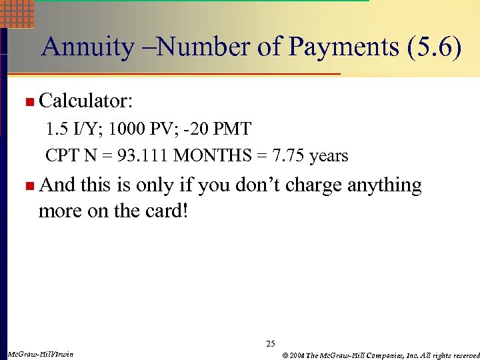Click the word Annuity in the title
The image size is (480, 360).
pyautogui.click(x=87, y=48)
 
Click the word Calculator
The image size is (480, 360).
pyautogui.click(x=86, y=101)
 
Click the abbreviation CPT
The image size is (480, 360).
pyautogui.click(x=62, y=156)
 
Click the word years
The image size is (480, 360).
pyautogui.click(x=329, y=156)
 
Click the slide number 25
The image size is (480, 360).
pyautogui.click(x=270, y=344)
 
